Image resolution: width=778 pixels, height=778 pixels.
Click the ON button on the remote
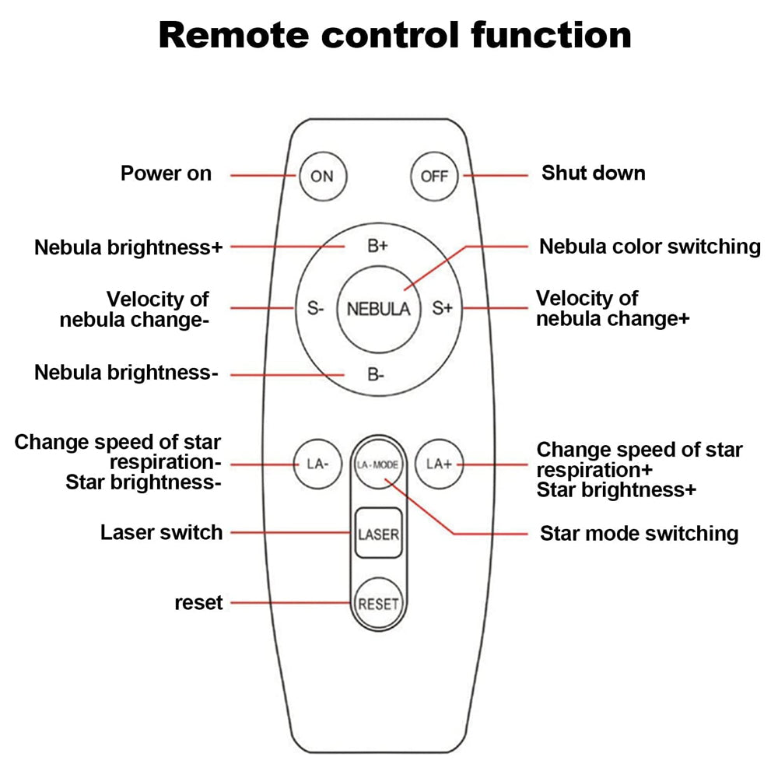322,176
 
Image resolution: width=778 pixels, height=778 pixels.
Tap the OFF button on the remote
434,176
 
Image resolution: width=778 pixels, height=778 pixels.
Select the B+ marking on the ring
377,247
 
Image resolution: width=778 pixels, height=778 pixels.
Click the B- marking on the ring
377,375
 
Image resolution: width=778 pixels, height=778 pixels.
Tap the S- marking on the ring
314,308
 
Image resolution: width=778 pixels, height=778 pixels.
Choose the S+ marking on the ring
442,308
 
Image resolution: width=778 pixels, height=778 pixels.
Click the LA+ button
439,464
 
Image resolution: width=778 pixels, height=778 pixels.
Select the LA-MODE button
378,464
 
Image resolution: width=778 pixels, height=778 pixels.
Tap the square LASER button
379,534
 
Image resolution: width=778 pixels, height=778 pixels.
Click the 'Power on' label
166,173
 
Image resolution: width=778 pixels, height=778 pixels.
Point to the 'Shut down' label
594,173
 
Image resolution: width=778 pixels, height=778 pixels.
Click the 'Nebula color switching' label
650,247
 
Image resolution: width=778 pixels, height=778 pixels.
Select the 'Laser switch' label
162,533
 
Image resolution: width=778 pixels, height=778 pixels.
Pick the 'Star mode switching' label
639,534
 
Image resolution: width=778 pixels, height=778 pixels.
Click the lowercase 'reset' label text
198,602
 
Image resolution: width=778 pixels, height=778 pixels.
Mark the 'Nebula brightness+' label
128,247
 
